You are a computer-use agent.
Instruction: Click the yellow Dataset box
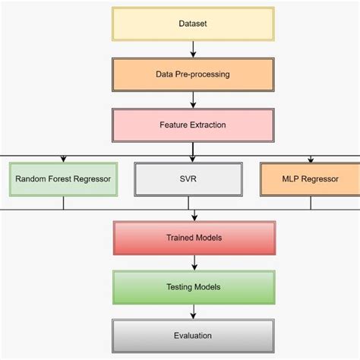[x=194, y=24]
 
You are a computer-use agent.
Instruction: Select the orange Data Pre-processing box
[x=194, y=75]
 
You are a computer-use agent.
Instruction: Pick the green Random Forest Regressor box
[x=63, y=179]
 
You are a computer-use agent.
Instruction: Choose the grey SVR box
[x=194, y=179]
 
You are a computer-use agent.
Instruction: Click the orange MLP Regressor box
[x=309, y=179]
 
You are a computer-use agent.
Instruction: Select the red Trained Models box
[x=194, y=238]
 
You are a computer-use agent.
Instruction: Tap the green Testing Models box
[x=194, y=288]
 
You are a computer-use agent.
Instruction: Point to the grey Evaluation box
[x=194, y=335]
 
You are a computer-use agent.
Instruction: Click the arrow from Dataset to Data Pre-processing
[x=194, y=49]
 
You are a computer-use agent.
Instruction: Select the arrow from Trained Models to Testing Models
[x=194, y=263]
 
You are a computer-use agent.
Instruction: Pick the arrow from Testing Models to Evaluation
[x=194, y=311]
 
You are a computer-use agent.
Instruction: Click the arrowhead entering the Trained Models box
[x=194, y=219]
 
